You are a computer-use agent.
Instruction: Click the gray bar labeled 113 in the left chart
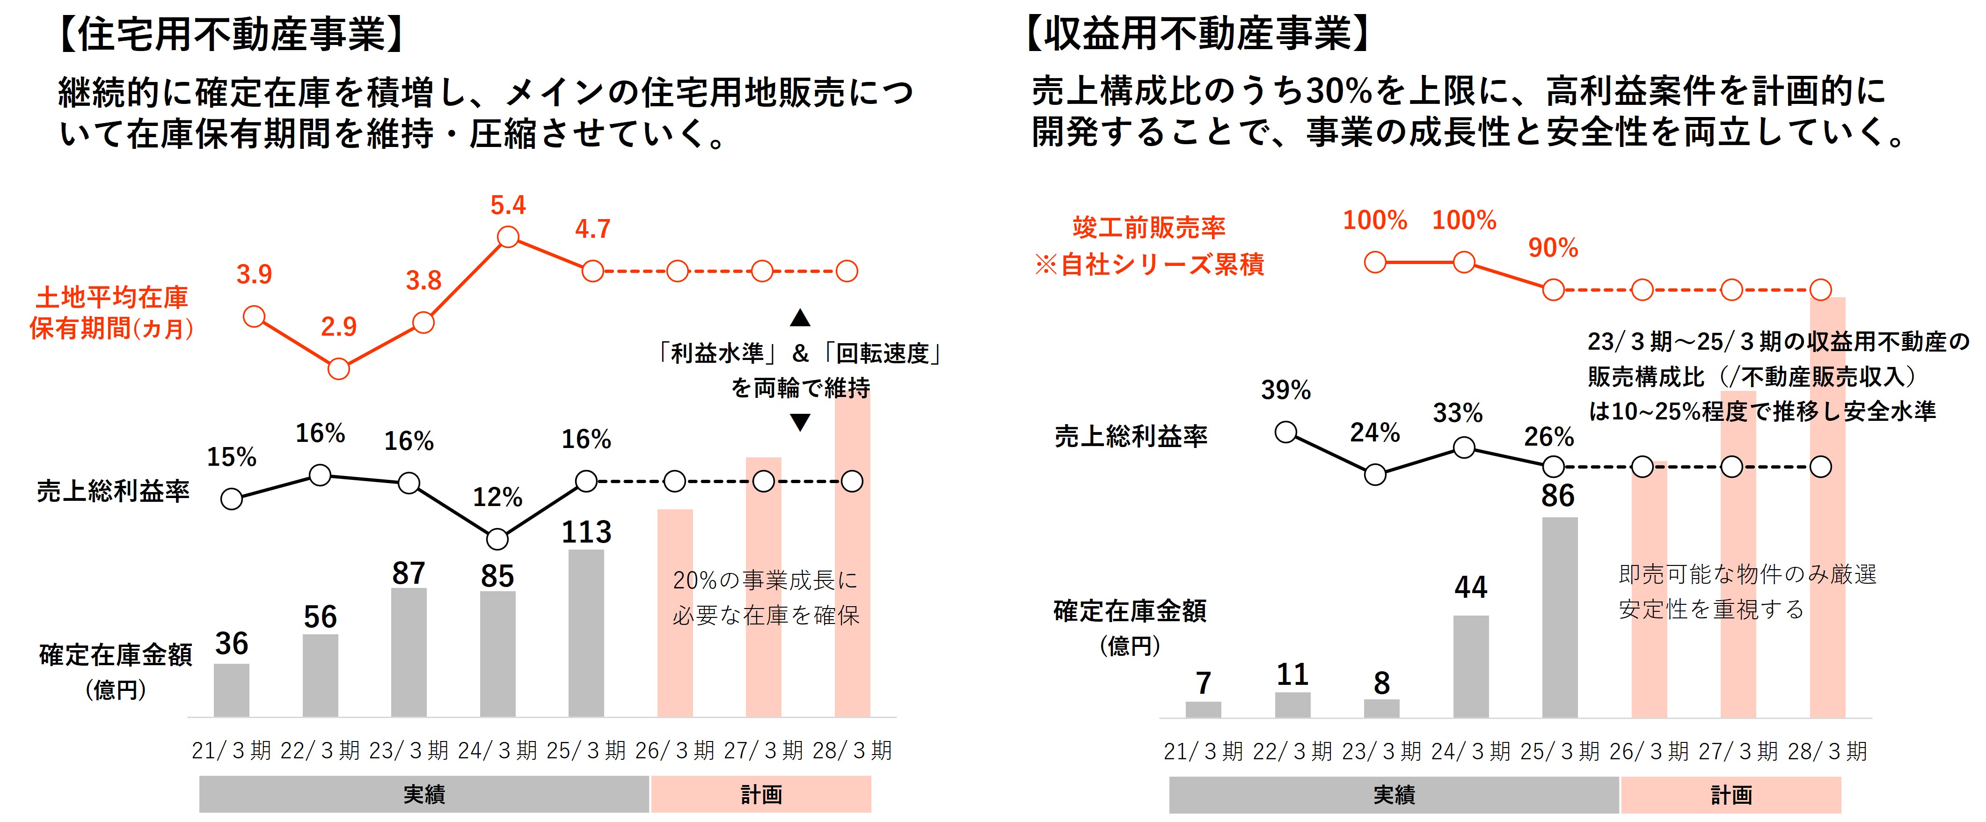tap(586, 632)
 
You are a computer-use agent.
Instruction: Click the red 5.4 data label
tap(508, 205)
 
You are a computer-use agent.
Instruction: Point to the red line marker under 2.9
tap(338, 369)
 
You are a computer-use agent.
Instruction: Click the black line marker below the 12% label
tap(497, 539)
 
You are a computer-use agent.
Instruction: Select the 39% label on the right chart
tap(1285, 390)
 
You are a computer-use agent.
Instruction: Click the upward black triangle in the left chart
tap(800, 318)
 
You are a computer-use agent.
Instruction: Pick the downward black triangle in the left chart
tap(800, 423)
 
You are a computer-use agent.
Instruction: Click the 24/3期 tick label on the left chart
tap(497, 750)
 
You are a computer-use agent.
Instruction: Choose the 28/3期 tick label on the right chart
tap(1827, 751)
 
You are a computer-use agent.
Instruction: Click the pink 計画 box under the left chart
tap(761, 794)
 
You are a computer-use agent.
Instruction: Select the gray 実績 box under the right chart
tap(1394, 795)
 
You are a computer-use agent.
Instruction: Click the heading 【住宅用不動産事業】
tap(231, 35)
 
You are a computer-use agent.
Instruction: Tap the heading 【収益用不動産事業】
tap(1199, 35)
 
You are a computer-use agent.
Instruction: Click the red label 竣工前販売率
tap(1149, 228)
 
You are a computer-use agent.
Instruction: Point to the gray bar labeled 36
tap(231, 690)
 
